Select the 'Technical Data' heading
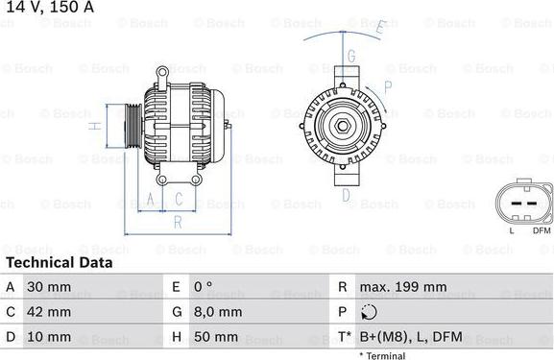pos(59,262)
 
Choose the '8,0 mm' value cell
pos(216,312)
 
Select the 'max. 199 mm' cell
pos(402,286)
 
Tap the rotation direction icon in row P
pos(371,312)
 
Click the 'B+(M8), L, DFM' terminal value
pos(410,337)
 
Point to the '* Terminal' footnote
pos(382,355)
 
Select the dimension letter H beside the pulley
pos(93,127)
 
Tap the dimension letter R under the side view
pos(177,221)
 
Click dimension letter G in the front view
pos(351,56)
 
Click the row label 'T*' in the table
pos(344,337)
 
